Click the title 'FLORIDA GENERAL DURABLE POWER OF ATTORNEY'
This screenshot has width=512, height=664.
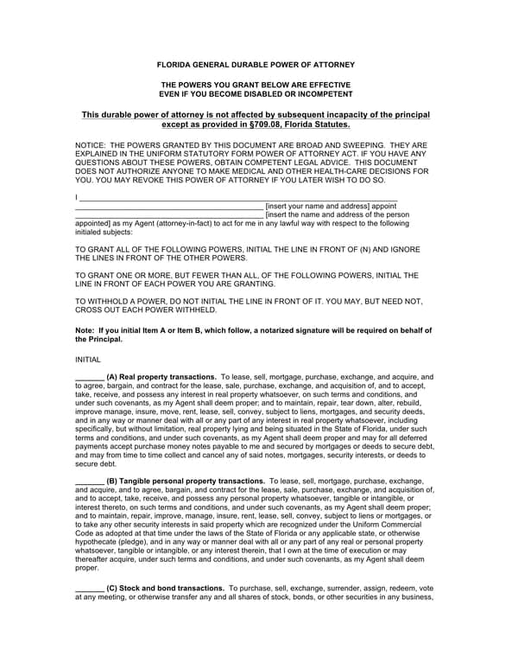point(256,65)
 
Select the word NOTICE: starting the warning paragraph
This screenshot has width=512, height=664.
point(92,145)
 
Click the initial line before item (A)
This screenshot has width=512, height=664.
point(90,378)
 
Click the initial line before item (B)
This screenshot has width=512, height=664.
point(90,481)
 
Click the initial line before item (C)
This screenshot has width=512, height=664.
point(90,588)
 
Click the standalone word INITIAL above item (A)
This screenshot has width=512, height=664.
point(88,359)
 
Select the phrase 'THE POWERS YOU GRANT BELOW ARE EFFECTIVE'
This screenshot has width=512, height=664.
point(256,85)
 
